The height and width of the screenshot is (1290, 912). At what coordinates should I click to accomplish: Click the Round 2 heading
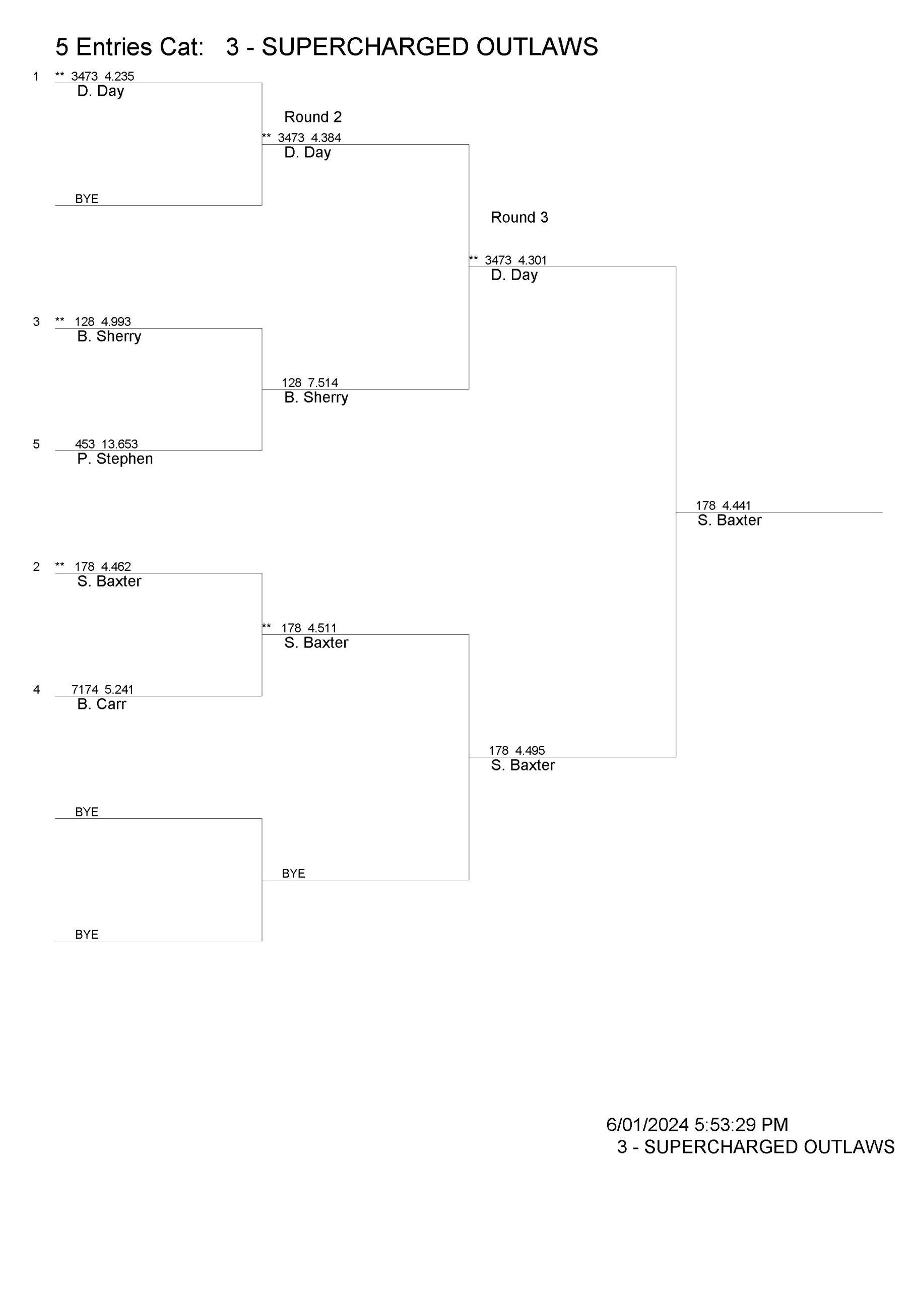click(312, 117)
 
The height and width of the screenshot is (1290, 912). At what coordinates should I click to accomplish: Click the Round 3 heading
click(519, 217)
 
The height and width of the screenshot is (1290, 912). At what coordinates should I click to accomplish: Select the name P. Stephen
click(115, 459)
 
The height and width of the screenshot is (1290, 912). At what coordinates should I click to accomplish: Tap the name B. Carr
click(102, 704)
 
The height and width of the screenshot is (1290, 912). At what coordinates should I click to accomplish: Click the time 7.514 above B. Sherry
click(323, 382)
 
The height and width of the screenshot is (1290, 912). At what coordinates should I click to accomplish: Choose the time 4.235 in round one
click(118, 77)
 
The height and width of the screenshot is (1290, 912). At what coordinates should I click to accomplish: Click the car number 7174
click(85, 689)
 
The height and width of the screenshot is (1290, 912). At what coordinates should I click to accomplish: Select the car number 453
click(85, 444)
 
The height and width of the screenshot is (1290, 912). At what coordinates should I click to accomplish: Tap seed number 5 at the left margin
click(36, 444)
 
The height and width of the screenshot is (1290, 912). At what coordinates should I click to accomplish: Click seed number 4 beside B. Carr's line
click(36, 689)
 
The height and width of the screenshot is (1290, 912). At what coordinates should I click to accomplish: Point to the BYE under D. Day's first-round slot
click(87, 199)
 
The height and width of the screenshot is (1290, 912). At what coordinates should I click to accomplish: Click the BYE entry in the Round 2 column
click(293, 873)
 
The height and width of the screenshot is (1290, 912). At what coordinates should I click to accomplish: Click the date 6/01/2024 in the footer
click(647, 1109)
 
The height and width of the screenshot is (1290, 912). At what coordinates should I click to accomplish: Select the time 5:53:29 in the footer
click(725, 1109)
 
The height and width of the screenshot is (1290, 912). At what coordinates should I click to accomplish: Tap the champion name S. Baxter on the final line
click(730, 520)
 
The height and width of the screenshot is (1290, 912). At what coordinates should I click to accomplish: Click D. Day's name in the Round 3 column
click(514, 275)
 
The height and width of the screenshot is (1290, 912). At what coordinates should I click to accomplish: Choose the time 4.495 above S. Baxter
click(530, 751)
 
